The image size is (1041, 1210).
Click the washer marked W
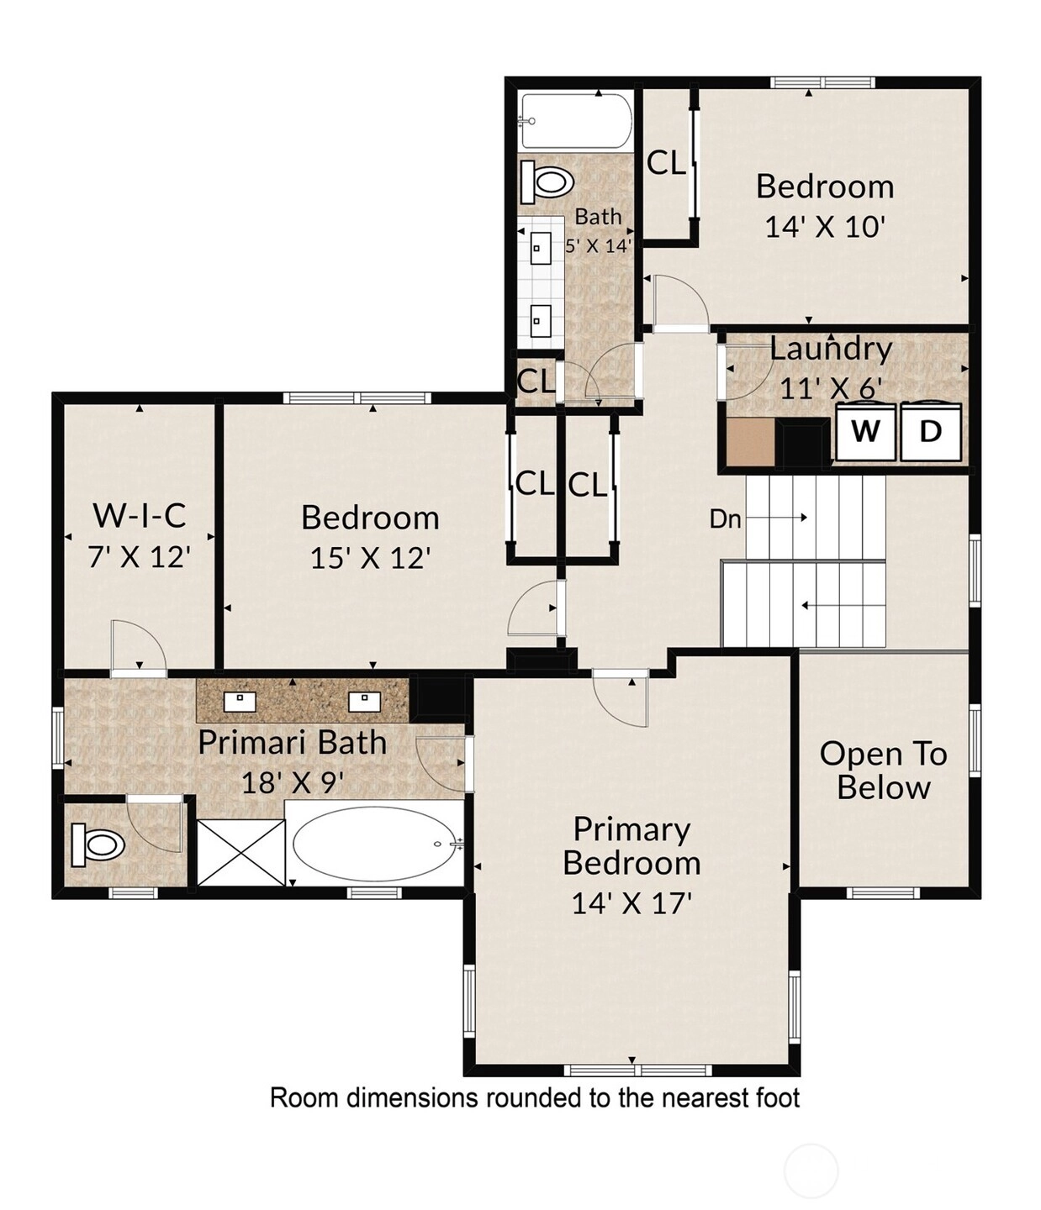click(865, 431)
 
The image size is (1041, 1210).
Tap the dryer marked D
click(930, 431)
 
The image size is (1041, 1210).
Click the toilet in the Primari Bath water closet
click(98, 844)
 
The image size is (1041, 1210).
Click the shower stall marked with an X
click(240, 852)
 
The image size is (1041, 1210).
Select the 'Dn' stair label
click(725, 518)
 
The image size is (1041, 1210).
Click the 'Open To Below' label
click(884, 771)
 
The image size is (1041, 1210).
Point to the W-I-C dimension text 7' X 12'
click(140, 557)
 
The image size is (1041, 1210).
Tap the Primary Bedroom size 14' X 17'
click(631, 902)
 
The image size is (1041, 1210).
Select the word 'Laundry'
click(831, 349)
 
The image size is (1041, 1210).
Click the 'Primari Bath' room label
click(293, 742)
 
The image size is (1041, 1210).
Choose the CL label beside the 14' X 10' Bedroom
click(666, 163)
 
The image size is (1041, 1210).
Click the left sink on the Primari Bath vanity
click(240, 702)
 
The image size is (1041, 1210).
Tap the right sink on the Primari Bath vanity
click(364, 702)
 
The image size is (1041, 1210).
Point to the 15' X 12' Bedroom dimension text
click(371, 558)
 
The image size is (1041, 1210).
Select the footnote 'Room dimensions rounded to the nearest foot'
click(534, 1097)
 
